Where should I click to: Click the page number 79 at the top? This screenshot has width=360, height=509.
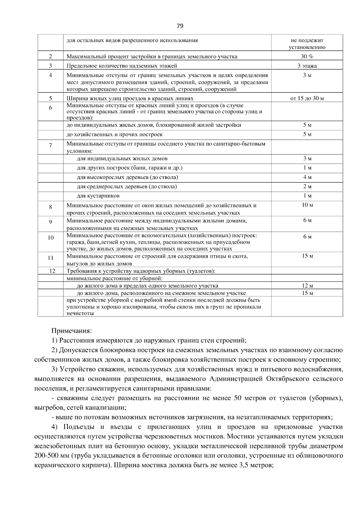point(180,26)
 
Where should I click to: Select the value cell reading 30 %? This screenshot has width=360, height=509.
point(307,56)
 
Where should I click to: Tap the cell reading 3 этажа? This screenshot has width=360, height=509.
point(307,66)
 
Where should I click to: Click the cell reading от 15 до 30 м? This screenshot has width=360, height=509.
point(307,98)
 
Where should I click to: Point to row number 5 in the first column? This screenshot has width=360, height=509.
point(50,98)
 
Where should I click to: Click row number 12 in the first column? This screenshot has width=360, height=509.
point(52,271)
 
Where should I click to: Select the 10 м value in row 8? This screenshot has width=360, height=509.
point(307,205)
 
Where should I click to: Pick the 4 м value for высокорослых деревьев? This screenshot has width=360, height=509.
point(307,177)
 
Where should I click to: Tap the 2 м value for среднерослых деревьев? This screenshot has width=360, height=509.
point(307,187)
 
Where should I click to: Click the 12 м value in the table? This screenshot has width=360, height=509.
point(307,286)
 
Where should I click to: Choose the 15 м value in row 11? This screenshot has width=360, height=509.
point(307,256)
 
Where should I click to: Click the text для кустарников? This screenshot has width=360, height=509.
point(98,196)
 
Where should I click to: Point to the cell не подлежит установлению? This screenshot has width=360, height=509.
point(307,44)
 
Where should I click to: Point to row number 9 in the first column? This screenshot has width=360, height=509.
point(50,222)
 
